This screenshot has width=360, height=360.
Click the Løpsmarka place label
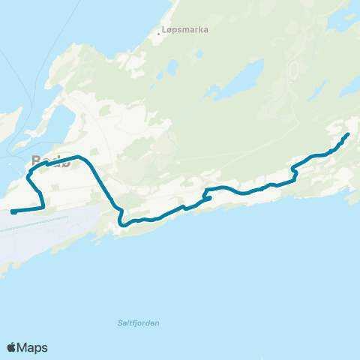click(x=185, y=31)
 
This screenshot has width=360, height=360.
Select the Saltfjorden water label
click(x=139, y=322)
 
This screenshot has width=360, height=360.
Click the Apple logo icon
click(x=12, y=347)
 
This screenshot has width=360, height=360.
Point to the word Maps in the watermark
click(x=33, y=347)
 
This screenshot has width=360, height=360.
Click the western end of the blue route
click(x=13, y=212)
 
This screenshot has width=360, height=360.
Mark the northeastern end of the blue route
click(x=348, y=134)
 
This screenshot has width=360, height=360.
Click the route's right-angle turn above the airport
click(x=43, y=206)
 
